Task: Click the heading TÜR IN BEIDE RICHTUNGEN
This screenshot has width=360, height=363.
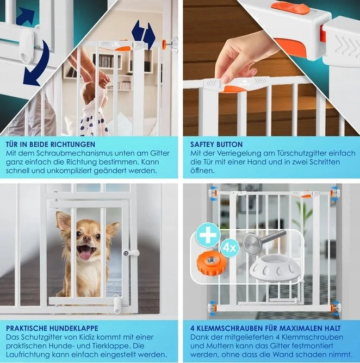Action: [x=51, y=145]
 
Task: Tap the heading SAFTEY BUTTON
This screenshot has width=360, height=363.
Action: [x=216, y=145]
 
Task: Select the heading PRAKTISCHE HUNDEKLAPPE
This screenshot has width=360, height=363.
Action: [x=52, y=328]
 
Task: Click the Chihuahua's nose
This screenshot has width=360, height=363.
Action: [x=88, y=238]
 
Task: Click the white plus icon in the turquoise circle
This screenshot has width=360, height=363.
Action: [x=208, y=235]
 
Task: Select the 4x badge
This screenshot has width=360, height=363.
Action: [x=229, y=248]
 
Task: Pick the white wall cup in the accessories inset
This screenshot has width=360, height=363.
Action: [x=275, y=268]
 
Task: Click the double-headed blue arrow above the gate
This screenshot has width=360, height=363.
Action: [x=144, y=34]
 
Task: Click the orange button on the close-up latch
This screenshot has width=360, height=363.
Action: [x=290, y=8]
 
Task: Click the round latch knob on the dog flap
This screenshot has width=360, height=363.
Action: [x=126, y=253]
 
